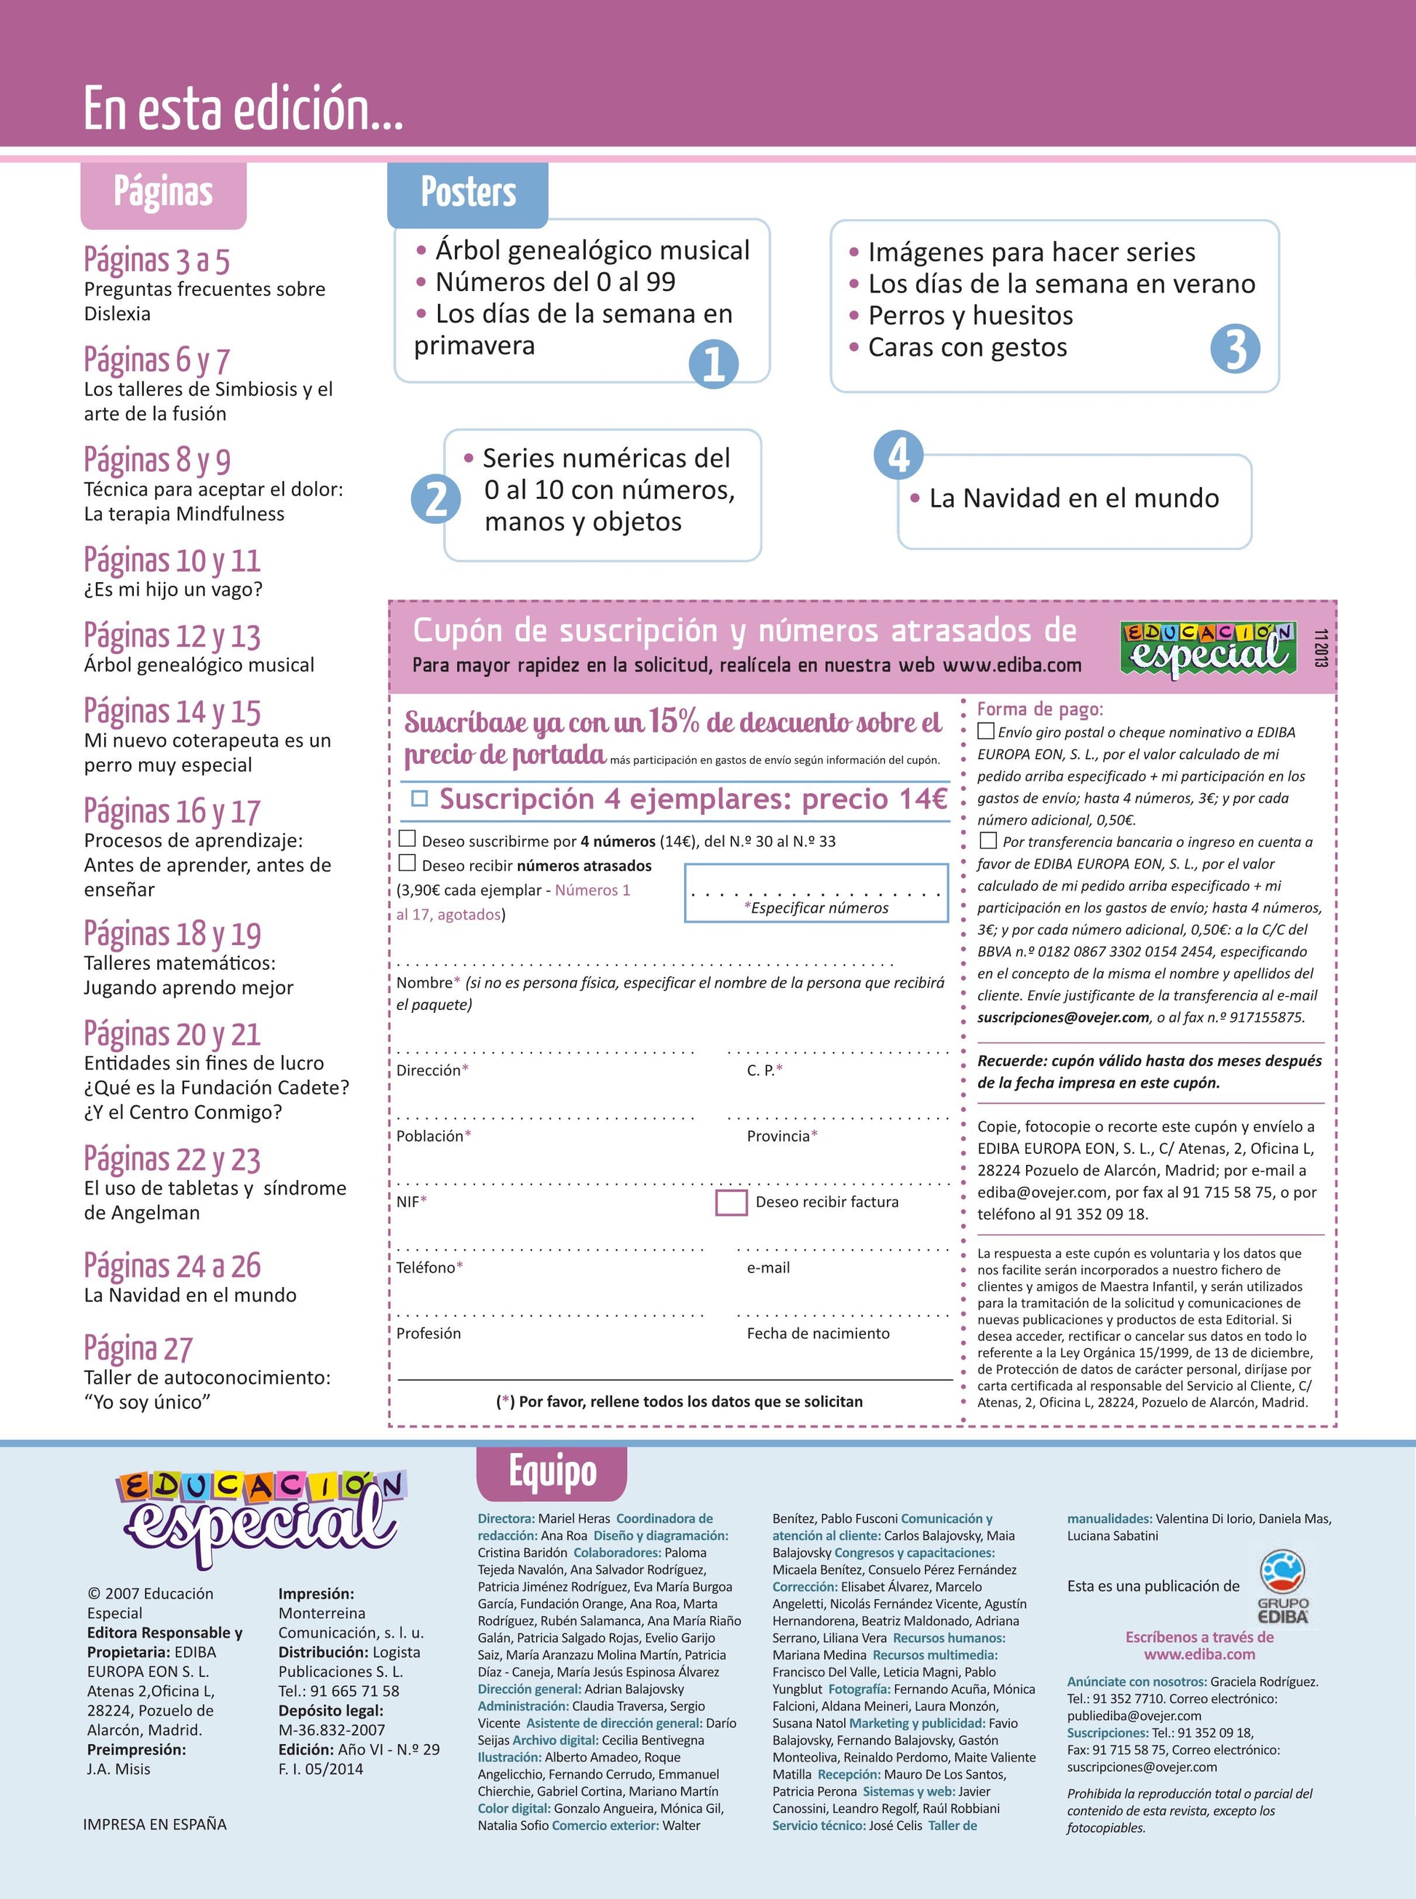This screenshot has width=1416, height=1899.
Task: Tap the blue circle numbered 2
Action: coord(437,498)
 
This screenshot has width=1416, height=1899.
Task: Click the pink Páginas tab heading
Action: coord(164,193)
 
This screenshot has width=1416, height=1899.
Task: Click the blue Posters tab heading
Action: coord(468,193)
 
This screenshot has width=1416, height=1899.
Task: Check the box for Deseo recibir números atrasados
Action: coord(407,863)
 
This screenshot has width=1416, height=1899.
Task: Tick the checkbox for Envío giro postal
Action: coord(986,731)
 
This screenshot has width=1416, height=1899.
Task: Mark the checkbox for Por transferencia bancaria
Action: coord(988,840)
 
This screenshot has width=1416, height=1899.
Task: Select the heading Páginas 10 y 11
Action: coord(172,560)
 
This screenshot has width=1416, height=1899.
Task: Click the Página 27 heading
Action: coord(138,1349)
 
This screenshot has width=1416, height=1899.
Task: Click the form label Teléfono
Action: coord(426,1267)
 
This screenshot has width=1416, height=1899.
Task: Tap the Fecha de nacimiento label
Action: coord(818,1334)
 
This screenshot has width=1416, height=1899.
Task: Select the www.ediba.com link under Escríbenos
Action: coord(1199,1655)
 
